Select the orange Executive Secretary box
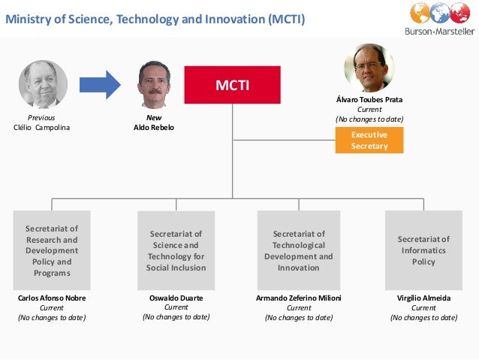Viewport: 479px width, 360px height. click(369, 140)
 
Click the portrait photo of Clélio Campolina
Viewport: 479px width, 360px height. click(44, 84)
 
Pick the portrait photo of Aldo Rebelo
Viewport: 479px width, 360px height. click(154, 84)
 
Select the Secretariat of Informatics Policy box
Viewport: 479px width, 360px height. click(423, 250)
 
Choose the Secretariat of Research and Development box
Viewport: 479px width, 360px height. click(53, 250)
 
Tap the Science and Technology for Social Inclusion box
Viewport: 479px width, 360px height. click(176, 250)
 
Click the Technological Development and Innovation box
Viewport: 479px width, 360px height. click(298, 250)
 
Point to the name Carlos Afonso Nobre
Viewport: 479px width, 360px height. click(52, 298)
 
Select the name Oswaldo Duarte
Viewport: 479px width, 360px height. click(176, 298)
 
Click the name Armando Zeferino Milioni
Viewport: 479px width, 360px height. click(299, 298)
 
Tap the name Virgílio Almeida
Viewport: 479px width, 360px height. click(423, 298)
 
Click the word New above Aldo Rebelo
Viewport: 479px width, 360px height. click(153, 118)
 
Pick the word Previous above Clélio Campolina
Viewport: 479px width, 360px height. click(41, 118)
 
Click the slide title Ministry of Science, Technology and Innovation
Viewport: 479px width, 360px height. click(155, 18)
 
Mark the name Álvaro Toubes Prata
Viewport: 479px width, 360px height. click(369, 99)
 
